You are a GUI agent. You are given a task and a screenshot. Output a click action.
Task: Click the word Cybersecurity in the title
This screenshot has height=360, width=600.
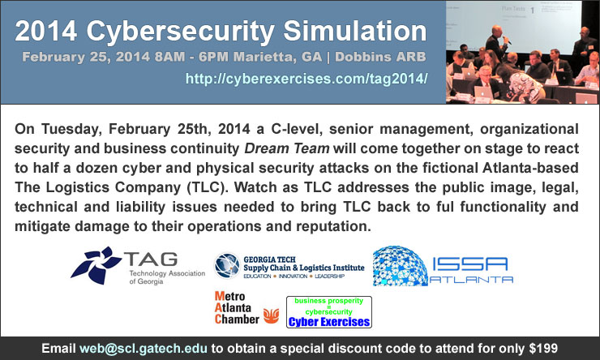(181, 32)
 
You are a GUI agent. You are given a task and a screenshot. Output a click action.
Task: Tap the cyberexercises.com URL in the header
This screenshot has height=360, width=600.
(306, 79)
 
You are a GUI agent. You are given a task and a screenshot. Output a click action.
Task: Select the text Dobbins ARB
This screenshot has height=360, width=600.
(380, 57)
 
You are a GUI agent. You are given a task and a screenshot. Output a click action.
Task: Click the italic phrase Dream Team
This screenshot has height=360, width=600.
(287, 148)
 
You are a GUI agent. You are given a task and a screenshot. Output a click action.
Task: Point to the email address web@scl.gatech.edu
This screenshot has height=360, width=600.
(144, 349)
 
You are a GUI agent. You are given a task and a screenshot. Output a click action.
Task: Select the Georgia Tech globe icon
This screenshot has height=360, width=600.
(227, 265)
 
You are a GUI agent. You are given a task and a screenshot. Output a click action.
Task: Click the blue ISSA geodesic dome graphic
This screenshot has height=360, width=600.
(400, 266)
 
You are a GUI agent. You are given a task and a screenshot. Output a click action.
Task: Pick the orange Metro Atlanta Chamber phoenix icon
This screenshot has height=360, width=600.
(271, 316)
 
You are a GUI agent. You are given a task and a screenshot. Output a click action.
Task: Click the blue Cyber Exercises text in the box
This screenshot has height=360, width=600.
(329, 322)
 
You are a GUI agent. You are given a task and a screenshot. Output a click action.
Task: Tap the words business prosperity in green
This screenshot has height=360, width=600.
(328, 301)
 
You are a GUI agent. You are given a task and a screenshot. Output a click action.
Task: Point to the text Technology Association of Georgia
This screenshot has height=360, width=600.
(167, 277)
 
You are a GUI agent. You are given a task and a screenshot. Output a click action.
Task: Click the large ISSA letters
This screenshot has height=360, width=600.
(470, 264)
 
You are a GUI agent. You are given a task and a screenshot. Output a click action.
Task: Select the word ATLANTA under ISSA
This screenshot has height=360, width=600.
(471, 280)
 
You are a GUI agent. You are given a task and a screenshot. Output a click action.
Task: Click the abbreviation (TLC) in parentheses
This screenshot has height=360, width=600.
(205, 187)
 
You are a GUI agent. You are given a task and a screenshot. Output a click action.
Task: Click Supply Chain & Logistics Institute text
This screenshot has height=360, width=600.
(304, 268)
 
